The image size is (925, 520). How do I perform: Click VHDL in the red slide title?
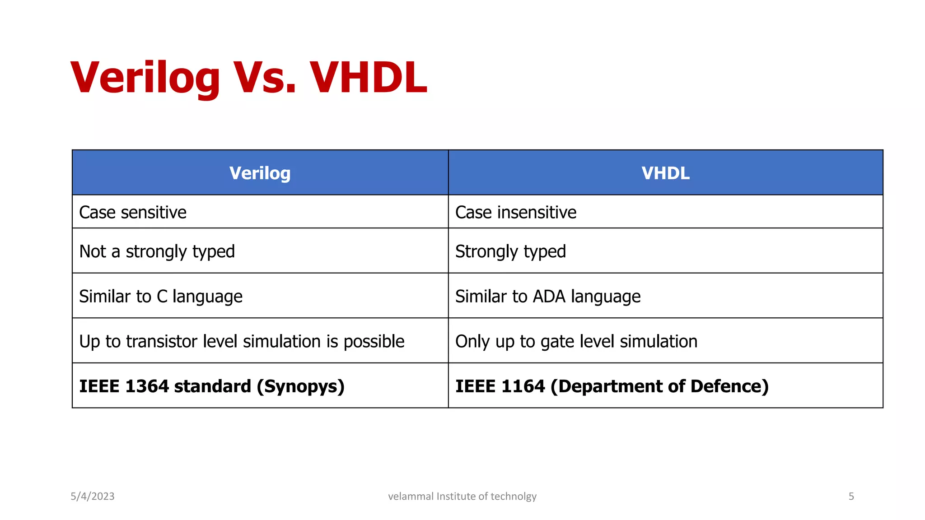pos(368,78)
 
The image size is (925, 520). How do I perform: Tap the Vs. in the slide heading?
pos(265,78)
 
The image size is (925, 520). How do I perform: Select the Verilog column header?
pos(260,173)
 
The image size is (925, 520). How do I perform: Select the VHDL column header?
pos(665,173)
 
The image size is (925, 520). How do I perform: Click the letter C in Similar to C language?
pos(162,297)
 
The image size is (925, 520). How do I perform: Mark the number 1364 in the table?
pos(147,386)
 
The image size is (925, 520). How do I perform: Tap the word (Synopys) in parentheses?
pos(300,386)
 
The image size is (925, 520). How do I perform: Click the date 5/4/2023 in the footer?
pos(93,497)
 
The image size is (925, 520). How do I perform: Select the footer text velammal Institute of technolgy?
pos(462,497)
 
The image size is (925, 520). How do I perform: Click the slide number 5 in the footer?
pos(851,497)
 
